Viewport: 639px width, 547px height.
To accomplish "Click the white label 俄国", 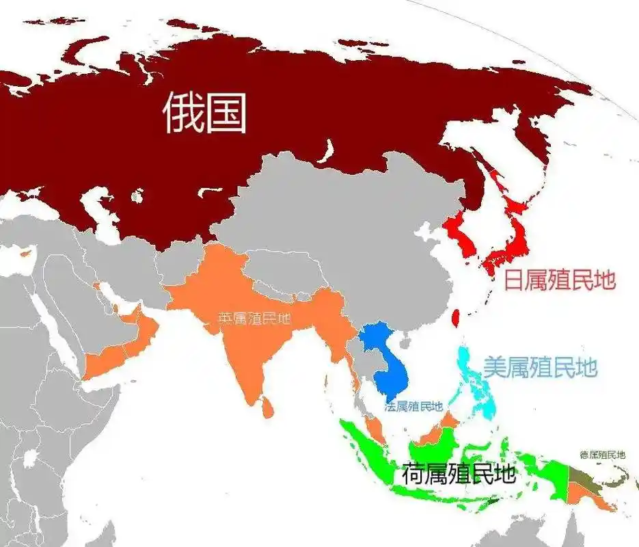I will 205,113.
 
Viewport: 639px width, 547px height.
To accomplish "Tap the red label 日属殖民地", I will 560,280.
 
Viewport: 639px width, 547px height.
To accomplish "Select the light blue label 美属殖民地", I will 540,367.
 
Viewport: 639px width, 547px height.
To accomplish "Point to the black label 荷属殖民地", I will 458,474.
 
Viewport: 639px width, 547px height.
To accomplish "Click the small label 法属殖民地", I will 413,407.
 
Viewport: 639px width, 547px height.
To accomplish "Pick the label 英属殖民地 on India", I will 254,319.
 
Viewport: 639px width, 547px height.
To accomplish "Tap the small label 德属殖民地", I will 602,454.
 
